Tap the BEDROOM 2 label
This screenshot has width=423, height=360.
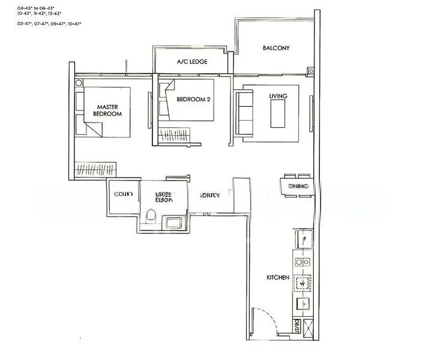(193, 100)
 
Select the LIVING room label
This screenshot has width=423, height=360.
(278, 96)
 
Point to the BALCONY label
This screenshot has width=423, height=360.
(276, 48)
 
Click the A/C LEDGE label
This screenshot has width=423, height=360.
(190, 62)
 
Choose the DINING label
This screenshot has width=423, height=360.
(298, 187)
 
